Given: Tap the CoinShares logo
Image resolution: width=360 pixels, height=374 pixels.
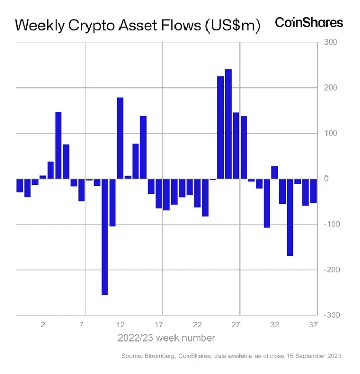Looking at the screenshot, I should pos(309,23).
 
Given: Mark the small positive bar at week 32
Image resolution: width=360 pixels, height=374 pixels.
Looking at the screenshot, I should pos(275,172).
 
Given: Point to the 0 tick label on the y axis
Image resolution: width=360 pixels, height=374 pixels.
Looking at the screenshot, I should pos(326,179).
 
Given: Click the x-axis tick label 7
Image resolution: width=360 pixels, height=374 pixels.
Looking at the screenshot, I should pos(82,325).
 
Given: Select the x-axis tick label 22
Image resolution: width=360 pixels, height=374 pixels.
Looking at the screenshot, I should pos(198,325).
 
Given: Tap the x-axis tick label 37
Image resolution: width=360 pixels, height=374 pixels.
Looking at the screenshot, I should pos(313,325).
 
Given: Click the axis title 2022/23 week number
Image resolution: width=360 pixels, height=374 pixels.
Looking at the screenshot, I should pos(166,337).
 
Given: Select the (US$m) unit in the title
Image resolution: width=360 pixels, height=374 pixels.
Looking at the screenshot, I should pos(231,26).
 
